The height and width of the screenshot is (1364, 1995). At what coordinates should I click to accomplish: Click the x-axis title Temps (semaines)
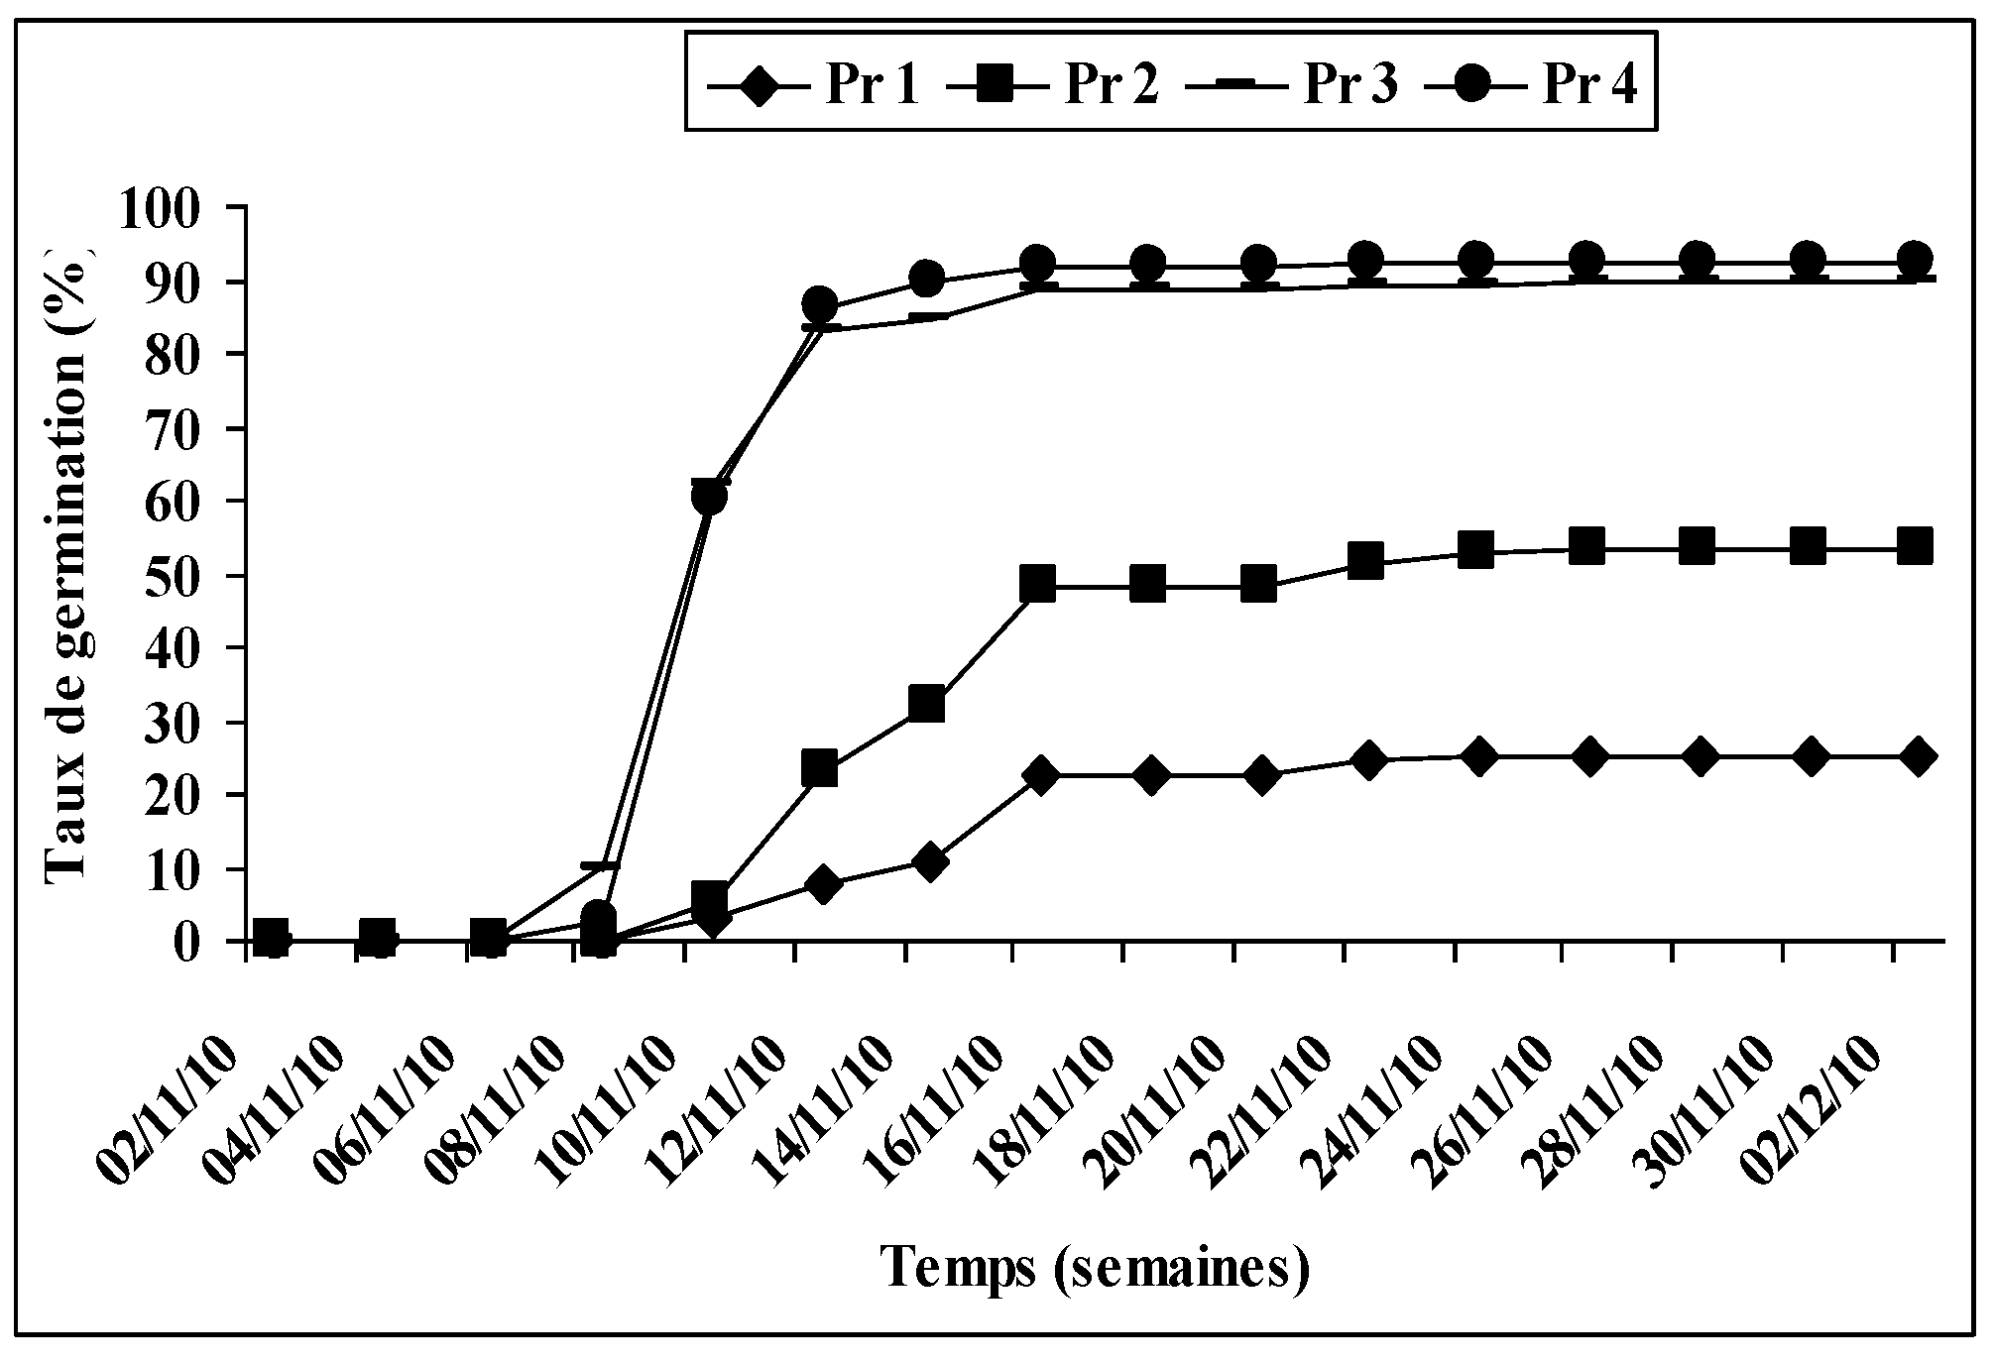(1096, 1268)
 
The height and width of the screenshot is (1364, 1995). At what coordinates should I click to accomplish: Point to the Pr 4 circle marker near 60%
(708, 497)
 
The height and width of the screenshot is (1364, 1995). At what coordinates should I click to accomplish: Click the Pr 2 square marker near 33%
(927, 704)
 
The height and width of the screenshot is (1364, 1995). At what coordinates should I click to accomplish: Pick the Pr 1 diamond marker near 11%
(929, 861)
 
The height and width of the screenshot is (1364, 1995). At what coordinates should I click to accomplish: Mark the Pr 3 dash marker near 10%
(599, 866)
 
